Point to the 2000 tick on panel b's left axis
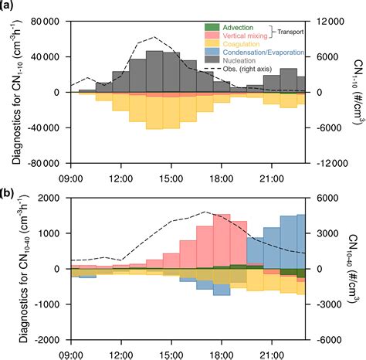point(53,198)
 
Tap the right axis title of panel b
point(354,269)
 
